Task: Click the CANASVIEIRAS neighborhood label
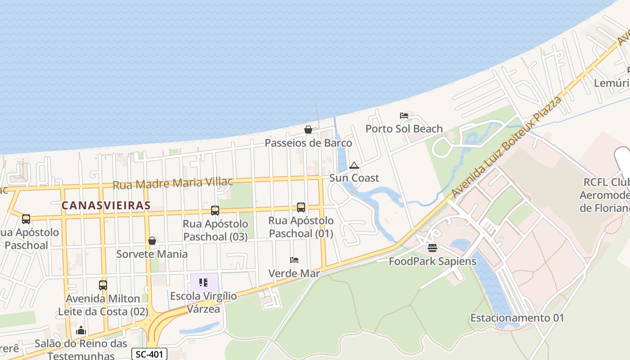[106, 206]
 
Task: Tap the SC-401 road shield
[149, 354]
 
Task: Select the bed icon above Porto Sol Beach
[404, 116]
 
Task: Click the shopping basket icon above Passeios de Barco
[308, 130]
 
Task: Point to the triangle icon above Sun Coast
[354, 165]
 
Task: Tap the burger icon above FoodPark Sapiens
[432, 248]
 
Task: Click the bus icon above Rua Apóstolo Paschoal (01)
[301, 207]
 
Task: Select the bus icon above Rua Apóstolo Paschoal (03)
[215, 210]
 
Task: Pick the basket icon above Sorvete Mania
[152, 241]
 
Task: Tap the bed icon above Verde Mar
[294, 260]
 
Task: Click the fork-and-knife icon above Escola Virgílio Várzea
[203, 283]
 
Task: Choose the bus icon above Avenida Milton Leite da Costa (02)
[103, 285]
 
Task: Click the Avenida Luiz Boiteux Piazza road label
[507, 148]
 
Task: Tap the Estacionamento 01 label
[517, 318]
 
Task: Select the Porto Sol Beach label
[404, 129]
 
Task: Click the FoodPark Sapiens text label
[432, 261]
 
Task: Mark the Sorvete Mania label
[152, 254]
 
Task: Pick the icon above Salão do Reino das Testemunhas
[81, 331]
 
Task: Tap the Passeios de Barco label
[308, 143]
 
